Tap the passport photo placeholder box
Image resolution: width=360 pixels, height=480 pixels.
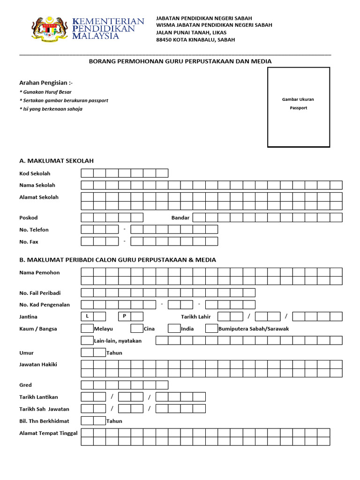point(298,107)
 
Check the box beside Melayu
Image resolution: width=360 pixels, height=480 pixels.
point(87,329)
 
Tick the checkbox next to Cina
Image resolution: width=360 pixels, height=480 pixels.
point(136,329)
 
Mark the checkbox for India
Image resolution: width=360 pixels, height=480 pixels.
point(174,329)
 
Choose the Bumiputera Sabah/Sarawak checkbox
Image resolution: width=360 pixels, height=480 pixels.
point(211,329)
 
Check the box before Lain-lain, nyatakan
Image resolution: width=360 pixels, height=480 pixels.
point(87,341)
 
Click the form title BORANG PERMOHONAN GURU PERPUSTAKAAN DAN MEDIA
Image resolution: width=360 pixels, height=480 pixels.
point(180,61)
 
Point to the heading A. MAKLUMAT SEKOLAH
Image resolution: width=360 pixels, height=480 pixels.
point(56,161)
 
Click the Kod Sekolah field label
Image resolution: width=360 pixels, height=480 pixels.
point(35,173)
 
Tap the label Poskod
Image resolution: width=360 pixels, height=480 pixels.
point(29,218)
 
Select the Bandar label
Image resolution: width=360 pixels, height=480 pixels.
point(180,218)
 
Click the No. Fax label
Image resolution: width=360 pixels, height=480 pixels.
point(29,242)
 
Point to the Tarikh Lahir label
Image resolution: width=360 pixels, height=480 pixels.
point(196,317)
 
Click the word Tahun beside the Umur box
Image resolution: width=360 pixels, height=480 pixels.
point(114,353)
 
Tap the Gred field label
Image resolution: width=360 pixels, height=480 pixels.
point(25,385)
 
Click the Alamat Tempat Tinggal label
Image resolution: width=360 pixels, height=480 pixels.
point(48,433)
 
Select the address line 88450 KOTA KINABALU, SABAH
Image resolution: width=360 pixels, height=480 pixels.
point(195,40)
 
